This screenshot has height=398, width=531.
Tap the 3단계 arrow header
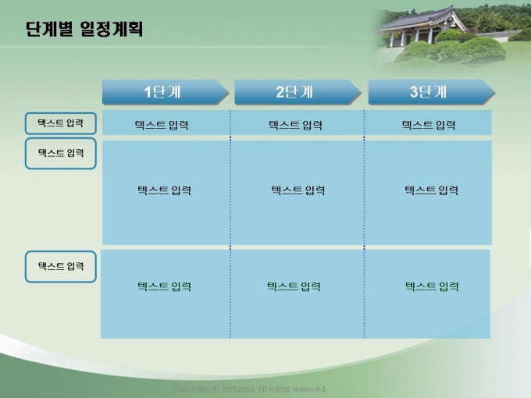432,92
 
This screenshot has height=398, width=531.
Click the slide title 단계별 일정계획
84,29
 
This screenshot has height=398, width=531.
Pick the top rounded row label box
61,123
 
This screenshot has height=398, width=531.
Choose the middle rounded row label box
61,153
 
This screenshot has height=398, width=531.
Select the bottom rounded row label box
61,266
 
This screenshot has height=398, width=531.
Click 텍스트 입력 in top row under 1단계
162,125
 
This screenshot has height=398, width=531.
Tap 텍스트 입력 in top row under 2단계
295,125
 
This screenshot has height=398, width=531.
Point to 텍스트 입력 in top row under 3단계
429,125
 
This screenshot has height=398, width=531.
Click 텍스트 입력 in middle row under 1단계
164,190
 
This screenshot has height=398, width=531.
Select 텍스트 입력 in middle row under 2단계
298,190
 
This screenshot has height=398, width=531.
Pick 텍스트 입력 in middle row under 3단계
431,190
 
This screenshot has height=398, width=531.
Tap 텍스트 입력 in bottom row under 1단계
164,286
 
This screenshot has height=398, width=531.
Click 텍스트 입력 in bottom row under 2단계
294,286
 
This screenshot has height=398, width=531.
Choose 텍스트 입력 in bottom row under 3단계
432,286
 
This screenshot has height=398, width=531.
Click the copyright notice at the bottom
250,389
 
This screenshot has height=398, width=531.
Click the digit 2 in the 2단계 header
280,92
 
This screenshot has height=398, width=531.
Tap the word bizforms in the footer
238,389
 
